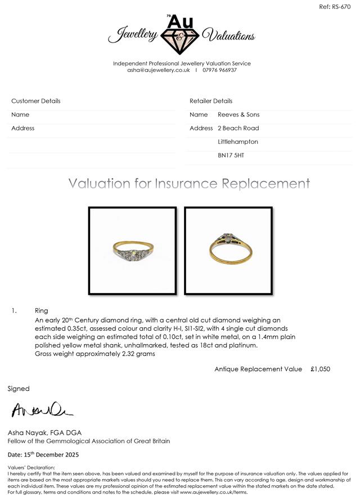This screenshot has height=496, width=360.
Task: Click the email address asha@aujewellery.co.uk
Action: tap(159, 70)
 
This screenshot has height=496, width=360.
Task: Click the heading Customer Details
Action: tap(36, 101)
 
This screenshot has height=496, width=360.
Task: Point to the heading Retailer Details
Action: tap(211, 101)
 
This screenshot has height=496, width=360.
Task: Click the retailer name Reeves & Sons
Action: tap(238, 115)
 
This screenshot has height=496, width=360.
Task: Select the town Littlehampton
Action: tap(238, 142)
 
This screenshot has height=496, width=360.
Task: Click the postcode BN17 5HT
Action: tap(231, 155)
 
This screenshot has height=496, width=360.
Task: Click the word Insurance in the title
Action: tap(187, 184)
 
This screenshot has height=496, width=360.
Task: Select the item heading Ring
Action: tap(42, 310)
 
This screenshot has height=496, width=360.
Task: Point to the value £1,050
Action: tap(320, 369)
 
